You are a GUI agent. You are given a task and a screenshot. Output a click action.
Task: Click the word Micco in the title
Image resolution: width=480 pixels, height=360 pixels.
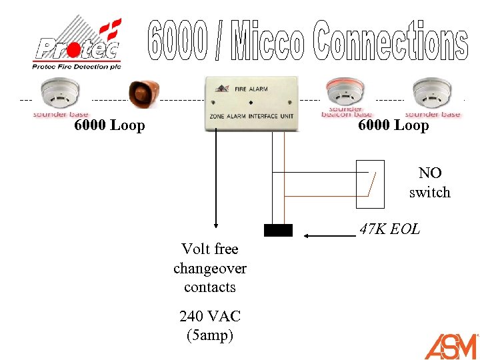[x=269, y=41]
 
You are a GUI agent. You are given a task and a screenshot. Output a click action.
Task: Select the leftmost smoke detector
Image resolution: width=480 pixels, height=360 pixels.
[x=61, y=95]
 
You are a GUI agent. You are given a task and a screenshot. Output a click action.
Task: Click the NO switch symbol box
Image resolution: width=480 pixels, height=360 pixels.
[x=370, y=184]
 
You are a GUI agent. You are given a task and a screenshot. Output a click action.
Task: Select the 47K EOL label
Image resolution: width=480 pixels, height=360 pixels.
[x=389, y=229]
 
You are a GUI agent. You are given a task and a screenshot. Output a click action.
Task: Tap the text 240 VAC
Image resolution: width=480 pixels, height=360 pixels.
[x=210, y=316]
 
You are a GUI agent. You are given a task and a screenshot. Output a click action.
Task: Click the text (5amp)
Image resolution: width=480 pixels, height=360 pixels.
[x=210, y=335]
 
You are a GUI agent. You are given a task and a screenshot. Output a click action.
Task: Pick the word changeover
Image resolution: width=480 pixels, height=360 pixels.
[x=210, y=268]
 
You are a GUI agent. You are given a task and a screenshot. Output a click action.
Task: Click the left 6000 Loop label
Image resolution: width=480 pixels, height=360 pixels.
[x=109, y=125]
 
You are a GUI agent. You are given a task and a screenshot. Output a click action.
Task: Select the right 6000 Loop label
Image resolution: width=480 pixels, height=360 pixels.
[x=393, y=125]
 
